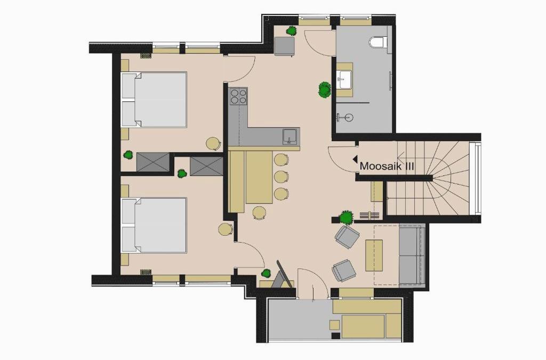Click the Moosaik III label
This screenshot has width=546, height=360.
click(x=387, y=166)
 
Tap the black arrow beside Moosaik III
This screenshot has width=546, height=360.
click(x=355, y=159)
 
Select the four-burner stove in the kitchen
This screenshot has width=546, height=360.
click(x=238, y=96)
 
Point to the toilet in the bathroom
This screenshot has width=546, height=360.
click(x=378, y=42)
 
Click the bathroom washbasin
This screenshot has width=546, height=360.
click(x=345, y=79)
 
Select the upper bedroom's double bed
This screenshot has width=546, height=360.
click(x=154, y=100)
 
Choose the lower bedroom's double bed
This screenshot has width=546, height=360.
click(x=154, y=225)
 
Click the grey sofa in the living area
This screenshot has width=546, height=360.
click(x=412, y=255)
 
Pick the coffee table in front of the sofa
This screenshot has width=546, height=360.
click(x=374, y=255)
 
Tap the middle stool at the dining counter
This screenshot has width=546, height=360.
click(x=281, y=177)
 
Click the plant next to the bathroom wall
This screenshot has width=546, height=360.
click(x=325, y=90)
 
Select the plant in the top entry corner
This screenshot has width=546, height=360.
click(x=292, y=31)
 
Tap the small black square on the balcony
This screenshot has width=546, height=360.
click(x=336, y=336)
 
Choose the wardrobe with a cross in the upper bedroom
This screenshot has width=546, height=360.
click(x=153, y=162)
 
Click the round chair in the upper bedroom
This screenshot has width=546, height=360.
click(x=213, y=144)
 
